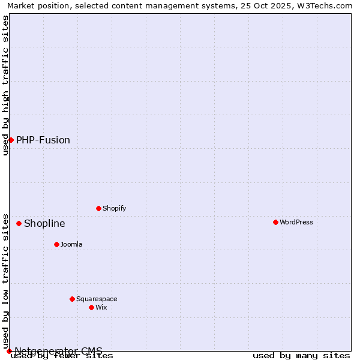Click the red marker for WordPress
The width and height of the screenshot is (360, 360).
coord(275,222)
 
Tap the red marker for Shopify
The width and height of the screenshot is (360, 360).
coord(98,208)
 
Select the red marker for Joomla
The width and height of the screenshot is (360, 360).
coord(56,244)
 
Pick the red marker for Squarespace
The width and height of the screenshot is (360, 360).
coord(72,299)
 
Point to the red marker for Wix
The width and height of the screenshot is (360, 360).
coord(91,307)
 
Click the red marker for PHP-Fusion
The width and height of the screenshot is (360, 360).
coord(11,140)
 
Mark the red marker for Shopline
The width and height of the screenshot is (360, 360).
coord(19,223)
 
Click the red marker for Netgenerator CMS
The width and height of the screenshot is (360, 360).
coord(9,351)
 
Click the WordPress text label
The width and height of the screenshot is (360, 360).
coord(296,222)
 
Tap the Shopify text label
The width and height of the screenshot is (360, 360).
coord(114,208)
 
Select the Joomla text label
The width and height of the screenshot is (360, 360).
coord(71,244)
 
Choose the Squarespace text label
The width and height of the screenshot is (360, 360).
coord(97,299)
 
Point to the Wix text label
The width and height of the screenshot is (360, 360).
coord(101,307)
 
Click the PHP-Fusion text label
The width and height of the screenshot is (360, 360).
coord(43,140)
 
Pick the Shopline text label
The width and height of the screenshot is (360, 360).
coord(44,223)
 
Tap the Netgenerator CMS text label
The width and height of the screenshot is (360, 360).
coord(58,351)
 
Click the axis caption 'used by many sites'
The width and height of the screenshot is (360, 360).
coord(301,355)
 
